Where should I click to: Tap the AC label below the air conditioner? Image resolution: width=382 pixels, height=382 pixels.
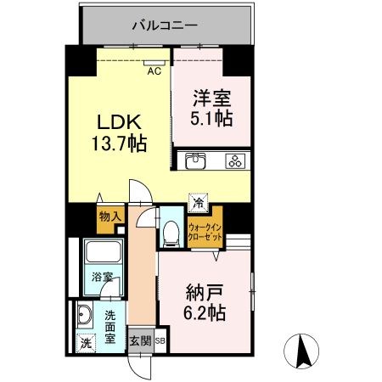pos(154,71)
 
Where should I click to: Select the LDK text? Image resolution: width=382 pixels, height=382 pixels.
pos(119,121)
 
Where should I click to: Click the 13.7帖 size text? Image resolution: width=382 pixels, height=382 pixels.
pos(119,143)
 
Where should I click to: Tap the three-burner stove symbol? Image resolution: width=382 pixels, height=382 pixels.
pos(234,160)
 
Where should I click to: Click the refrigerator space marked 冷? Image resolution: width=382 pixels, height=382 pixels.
pos(197,203)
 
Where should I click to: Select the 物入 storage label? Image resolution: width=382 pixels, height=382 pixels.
pos(110,216)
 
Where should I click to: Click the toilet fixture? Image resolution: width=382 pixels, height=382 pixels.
pos(171,230)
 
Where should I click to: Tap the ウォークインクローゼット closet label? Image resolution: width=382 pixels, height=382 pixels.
pos(205,233)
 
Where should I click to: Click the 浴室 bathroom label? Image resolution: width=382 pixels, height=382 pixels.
pos(102,276)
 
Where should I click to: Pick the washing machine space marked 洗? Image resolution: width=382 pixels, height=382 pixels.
pos(85,344)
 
